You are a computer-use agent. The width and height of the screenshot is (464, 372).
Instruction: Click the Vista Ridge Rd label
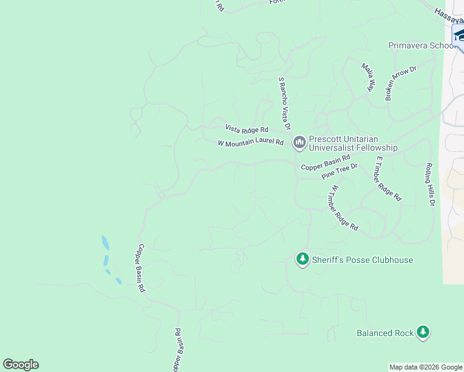pos(246,129)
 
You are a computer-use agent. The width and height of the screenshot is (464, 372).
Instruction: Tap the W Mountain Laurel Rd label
pos(251,143)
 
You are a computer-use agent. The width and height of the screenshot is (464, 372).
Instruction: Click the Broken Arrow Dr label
pos(401,83)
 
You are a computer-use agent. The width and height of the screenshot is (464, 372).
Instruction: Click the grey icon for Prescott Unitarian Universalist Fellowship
pos(300,143)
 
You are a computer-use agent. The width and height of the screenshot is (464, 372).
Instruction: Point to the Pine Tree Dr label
pos(339,171)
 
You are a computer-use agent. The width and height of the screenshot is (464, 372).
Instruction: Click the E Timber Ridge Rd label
pos(388,179)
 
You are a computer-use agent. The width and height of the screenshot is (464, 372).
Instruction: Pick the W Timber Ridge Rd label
pos(345,208)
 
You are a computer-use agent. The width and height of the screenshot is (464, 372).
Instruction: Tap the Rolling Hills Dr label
pos(430,184)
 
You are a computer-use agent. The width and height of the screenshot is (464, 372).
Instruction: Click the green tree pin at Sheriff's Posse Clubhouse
pos(302,259)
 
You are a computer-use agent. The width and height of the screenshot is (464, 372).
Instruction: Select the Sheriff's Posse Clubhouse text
pos(362,260)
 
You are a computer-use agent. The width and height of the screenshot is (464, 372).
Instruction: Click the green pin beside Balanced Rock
pos(423,332)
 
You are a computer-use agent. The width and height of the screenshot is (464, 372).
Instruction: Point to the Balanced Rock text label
pos(385,333)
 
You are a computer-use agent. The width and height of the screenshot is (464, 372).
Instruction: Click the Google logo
pos(20,365)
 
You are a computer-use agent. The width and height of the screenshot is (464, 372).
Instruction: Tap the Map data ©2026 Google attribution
pos(425,367)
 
